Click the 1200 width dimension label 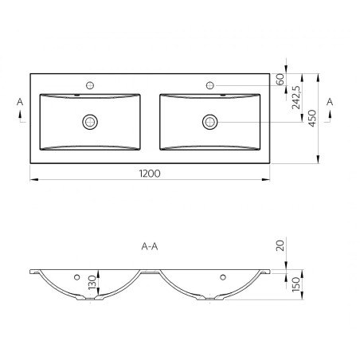150,174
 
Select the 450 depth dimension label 312,118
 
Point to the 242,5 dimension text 295,97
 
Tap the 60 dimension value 280,80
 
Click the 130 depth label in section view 92,283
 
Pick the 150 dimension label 295,284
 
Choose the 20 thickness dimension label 280,245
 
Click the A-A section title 150,247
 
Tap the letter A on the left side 20,102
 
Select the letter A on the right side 330,102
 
